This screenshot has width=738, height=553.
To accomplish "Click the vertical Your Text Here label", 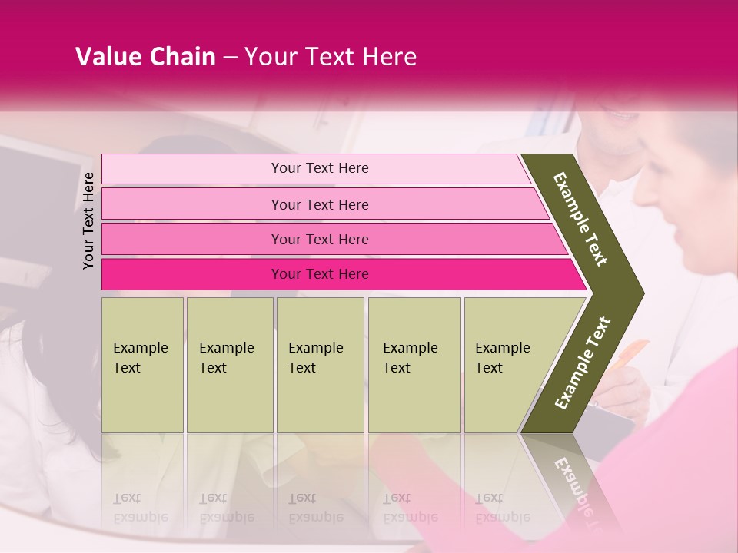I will [x=88, y=220].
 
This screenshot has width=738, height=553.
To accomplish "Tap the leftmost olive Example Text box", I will [x=142, y=365].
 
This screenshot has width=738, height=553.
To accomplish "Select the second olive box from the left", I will [x=230, y=365].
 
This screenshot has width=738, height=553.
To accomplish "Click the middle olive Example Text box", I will [x=320, y=365].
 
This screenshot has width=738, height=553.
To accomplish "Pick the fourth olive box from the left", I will [x=414, y=365].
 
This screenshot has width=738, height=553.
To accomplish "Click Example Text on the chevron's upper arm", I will [x=581, y=219].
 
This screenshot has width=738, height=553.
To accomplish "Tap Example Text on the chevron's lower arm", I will [x=582, y=363].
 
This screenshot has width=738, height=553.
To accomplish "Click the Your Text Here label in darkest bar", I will [x=320, y=274].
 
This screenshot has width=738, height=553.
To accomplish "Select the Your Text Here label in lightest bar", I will [x=320, y=168].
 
